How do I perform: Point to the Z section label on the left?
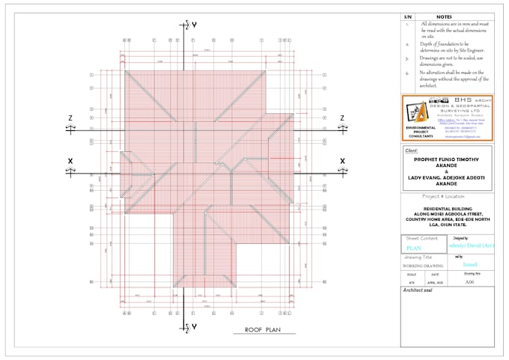tap(70, 118)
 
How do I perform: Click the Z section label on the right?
tap(342, 118)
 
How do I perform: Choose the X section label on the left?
tap(70, 161)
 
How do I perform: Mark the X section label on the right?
tap(342, 161)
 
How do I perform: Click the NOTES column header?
tap(443, 16)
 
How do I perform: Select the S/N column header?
tap(408, 16)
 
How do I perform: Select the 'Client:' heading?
tap(412, 150)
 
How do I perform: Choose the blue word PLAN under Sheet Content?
tap(414, 248)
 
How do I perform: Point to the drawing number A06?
tap(469, 283)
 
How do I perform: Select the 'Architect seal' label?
tap(420, 290)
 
